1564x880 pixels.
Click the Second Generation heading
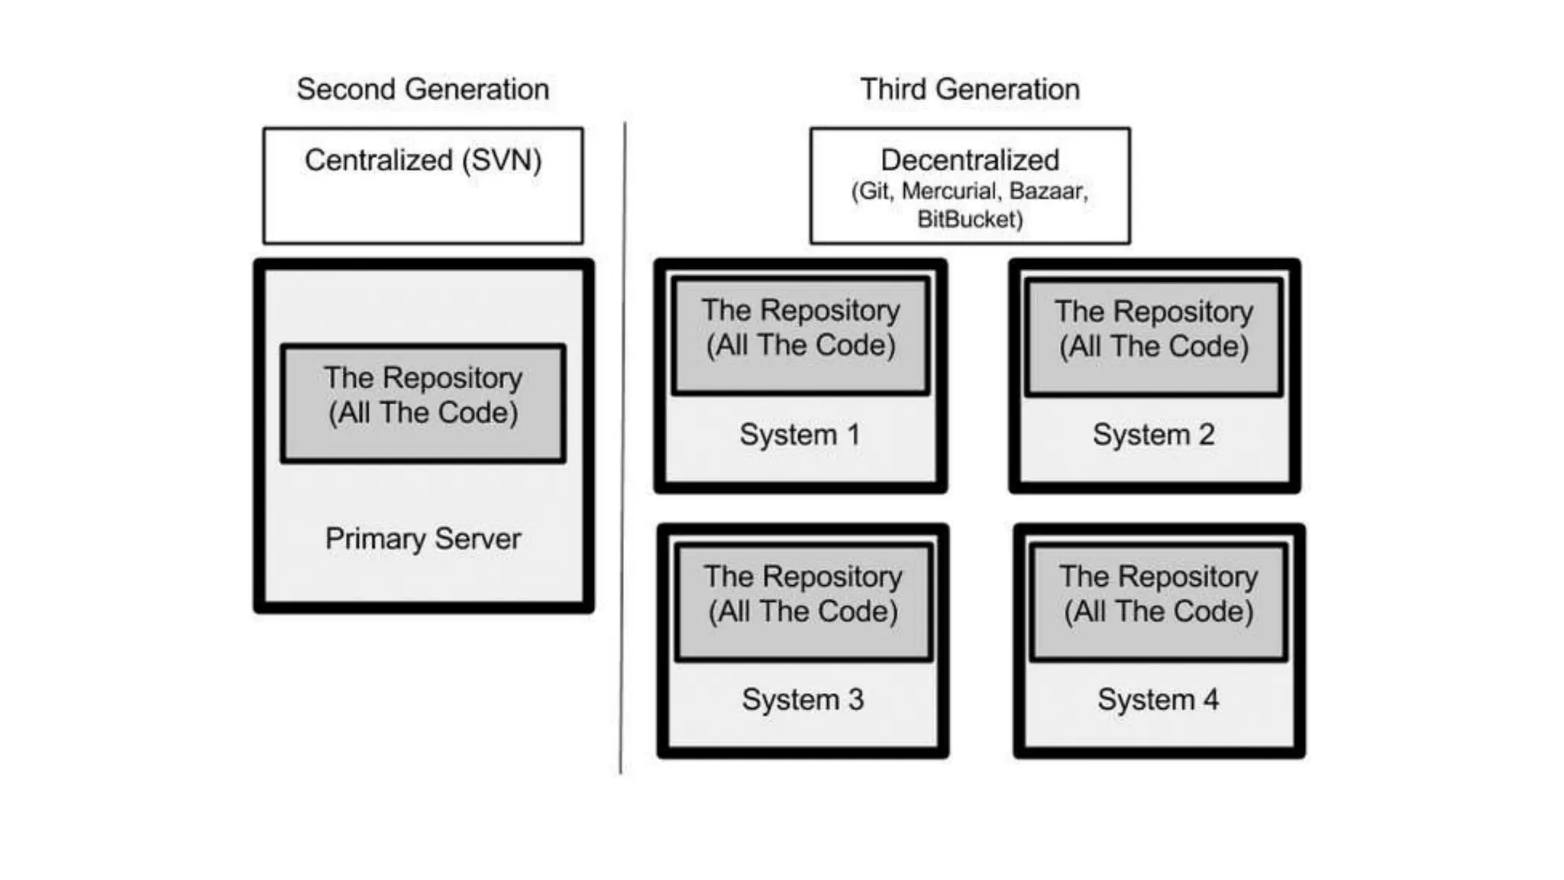point(422,89)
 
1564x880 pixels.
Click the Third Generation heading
point(970,89)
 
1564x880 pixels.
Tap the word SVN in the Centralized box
point(502,160)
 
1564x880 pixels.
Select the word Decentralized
point(970,160)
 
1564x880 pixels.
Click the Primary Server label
point(423,539)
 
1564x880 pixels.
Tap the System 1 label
point(800,435)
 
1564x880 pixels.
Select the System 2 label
point(1153,435)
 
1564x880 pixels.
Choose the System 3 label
point(803,700)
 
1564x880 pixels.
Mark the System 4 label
point(1158,700)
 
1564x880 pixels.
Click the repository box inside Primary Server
point(423,404)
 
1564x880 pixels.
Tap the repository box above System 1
point(801,336)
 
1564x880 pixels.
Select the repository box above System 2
point(1154,338)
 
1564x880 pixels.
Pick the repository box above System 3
point(803,602)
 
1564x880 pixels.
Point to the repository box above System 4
point(1159,602)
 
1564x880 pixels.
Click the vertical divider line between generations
point(622,448)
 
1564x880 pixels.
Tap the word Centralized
point(379,160)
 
